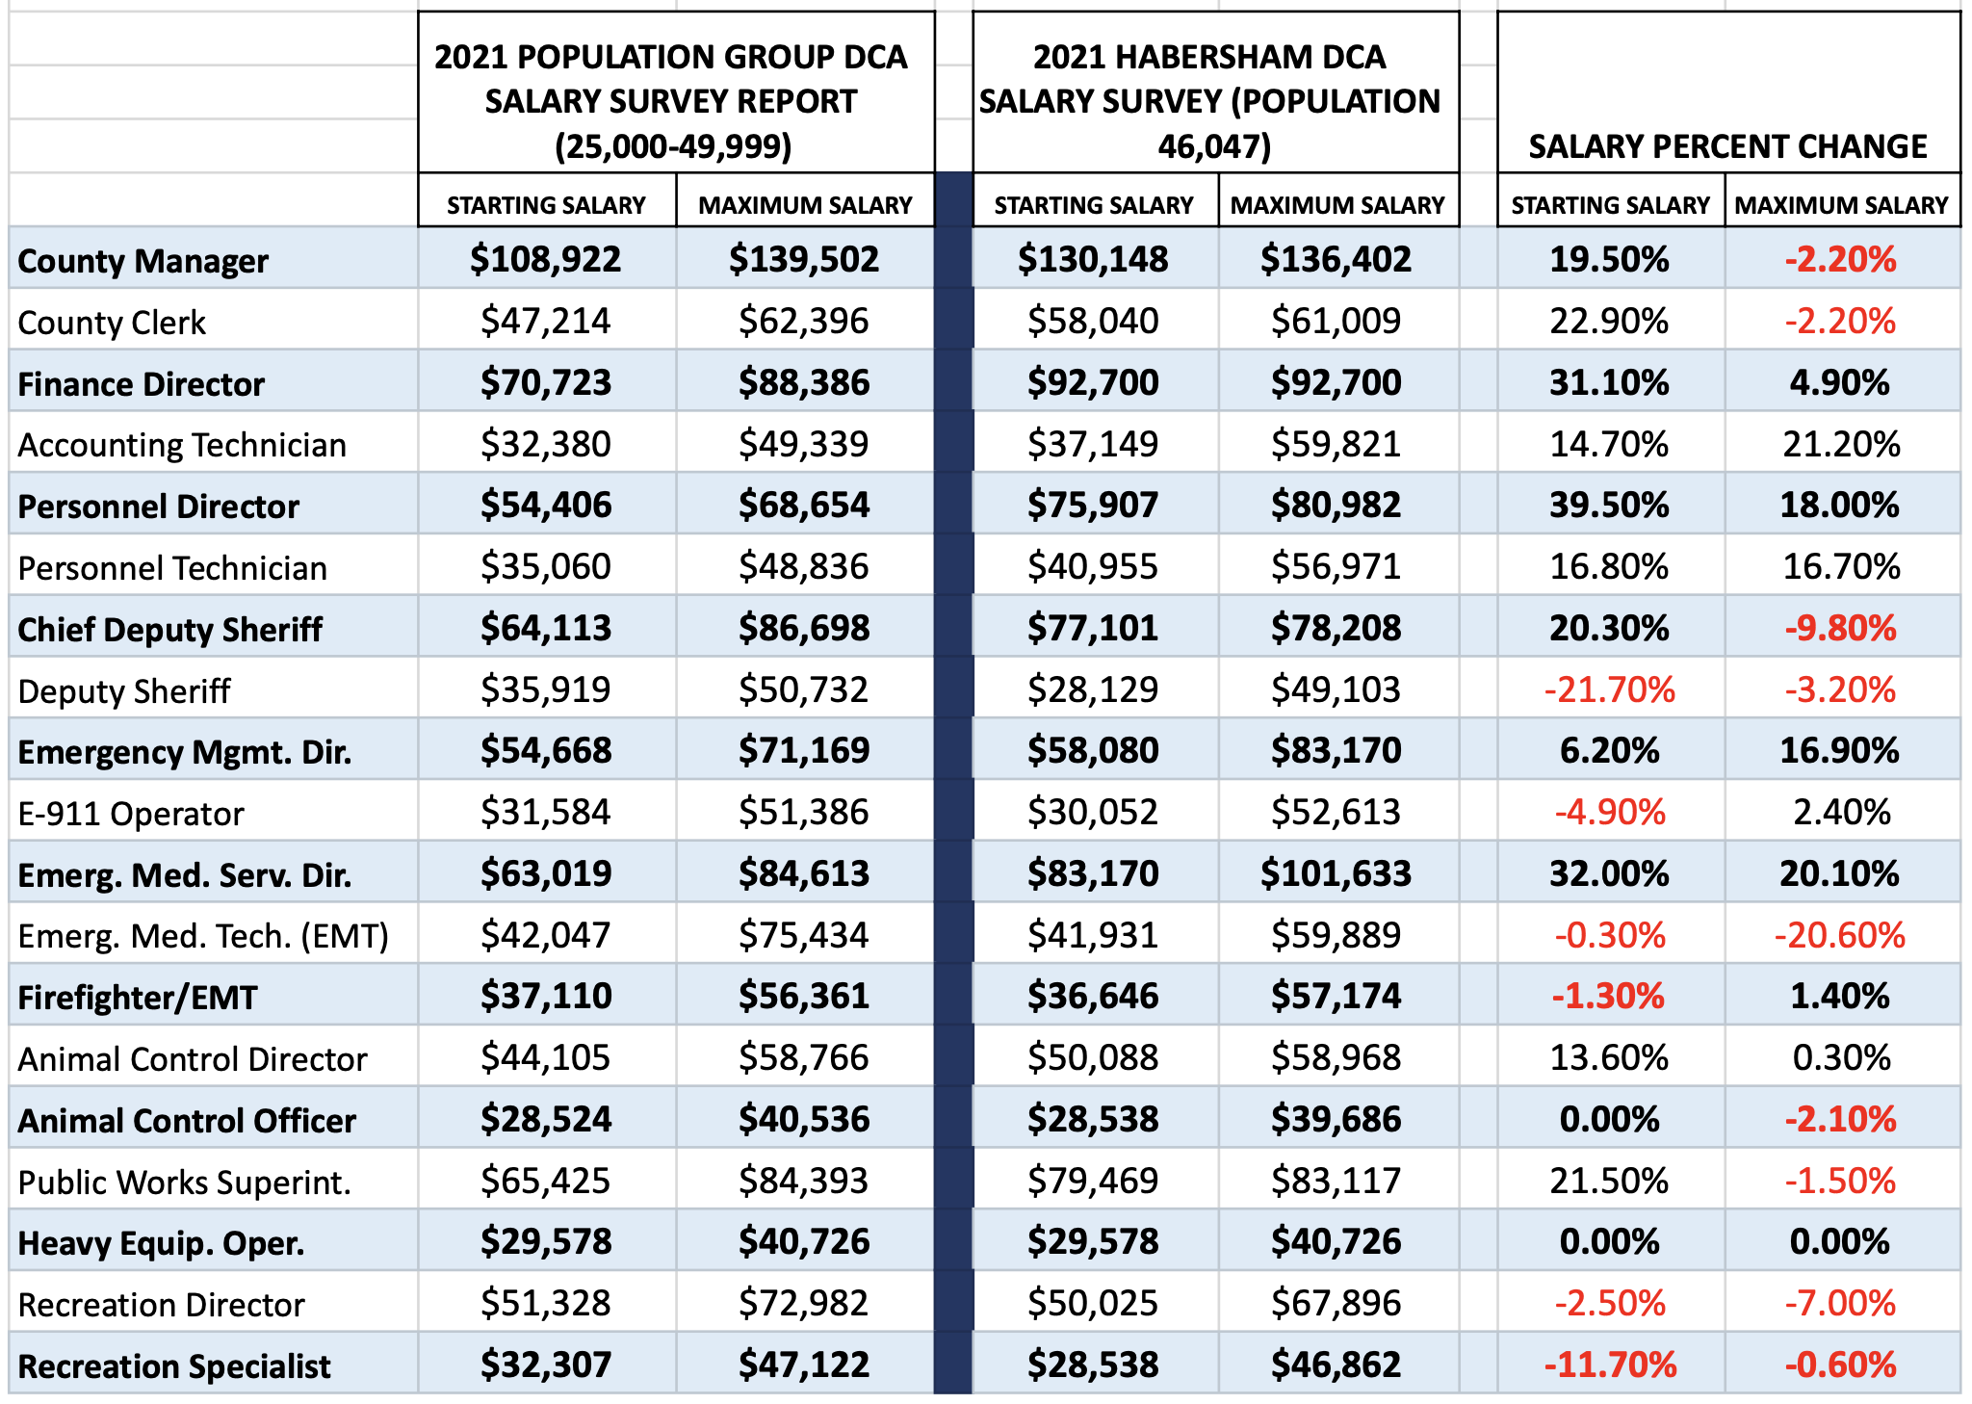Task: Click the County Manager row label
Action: (143, 261)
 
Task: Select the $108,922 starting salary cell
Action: (546, 259)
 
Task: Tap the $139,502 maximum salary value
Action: (804, 259)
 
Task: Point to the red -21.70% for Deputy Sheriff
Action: (1609, 689)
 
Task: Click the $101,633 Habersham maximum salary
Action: (1336, 873)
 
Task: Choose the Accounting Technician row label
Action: (182, 445)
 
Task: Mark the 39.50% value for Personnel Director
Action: (1609, 506)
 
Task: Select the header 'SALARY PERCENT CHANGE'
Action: (1727, 146)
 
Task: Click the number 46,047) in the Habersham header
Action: (1214, 146)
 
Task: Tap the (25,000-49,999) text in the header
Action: (673, 146)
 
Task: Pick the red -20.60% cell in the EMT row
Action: (1839, 935)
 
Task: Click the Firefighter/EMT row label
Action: (138, 998)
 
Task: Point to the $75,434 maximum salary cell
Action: (804, 935)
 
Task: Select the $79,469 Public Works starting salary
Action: (1093, 1181)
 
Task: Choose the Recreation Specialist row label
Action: (174, 1366)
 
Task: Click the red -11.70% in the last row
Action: (1610, 1365)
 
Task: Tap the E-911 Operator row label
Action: (131, 814)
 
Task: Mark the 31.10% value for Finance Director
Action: (1609, 383)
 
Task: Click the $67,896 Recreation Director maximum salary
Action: (1336, 1304)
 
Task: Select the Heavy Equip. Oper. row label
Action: (161, 1243)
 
